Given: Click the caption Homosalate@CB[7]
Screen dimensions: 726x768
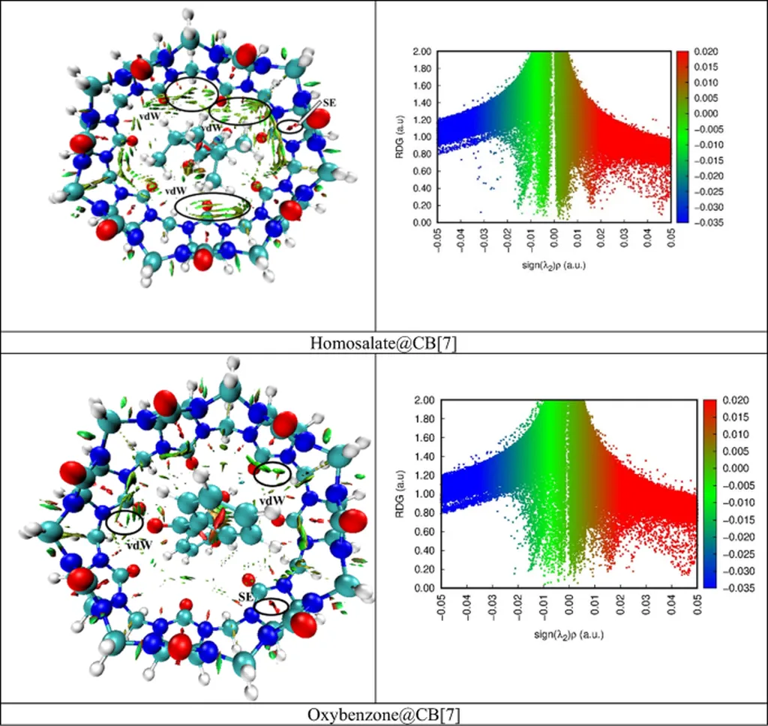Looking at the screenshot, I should coord(383,343).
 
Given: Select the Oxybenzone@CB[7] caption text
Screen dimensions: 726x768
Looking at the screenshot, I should coord(383,715).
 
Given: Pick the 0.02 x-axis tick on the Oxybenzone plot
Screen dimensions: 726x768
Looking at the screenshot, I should coord(619,610).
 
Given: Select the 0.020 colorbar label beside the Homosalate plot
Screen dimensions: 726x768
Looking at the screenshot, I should coord(707,52).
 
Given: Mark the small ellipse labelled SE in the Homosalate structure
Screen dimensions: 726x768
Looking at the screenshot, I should coord(292,127).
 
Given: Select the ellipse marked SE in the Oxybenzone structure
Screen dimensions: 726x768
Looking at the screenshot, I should coord(271,605).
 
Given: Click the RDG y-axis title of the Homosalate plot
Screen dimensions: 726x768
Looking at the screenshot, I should coord(400,137).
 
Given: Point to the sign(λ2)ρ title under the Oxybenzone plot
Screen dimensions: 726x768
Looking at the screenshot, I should coord(568,634).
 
